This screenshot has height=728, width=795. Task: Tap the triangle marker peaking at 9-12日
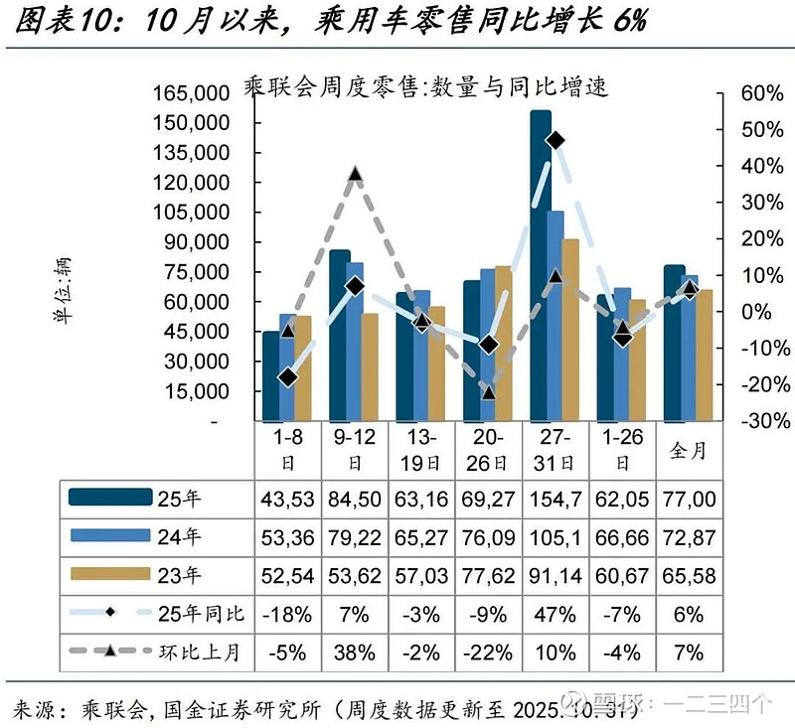tap(355, 175)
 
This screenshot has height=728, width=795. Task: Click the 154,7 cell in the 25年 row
tap(555, 498)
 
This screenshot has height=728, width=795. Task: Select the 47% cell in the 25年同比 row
tap(555, 614)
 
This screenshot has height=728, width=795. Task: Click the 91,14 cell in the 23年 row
tap(555, 575)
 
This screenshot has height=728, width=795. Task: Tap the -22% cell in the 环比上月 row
tap(488, 653)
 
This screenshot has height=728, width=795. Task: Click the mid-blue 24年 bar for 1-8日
tap(287, 366)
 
